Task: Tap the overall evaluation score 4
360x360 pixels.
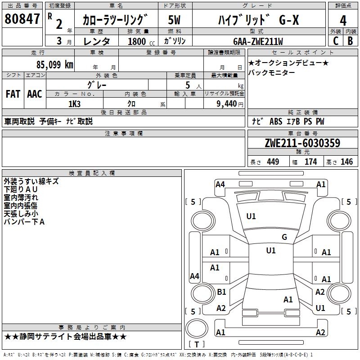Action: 343,21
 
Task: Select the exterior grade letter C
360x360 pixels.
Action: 335,40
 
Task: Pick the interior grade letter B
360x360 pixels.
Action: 351,40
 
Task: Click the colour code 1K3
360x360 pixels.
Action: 74,104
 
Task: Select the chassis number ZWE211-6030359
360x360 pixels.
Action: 302,144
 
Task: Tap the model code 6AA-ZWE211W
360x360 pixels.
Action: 258,41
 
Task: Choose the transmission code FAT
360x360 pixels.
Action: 13,94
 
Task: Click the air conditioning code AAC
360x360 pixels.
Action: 35,94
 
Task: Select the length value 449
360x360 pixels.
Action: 273,162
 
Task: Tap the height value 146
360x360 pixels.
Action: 346,162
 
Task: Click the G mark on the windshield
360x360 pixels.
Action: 284,237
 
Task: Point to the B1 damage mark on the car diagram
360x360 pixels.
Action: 221,292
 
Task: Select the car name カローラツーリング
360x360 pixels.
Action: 115,20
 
